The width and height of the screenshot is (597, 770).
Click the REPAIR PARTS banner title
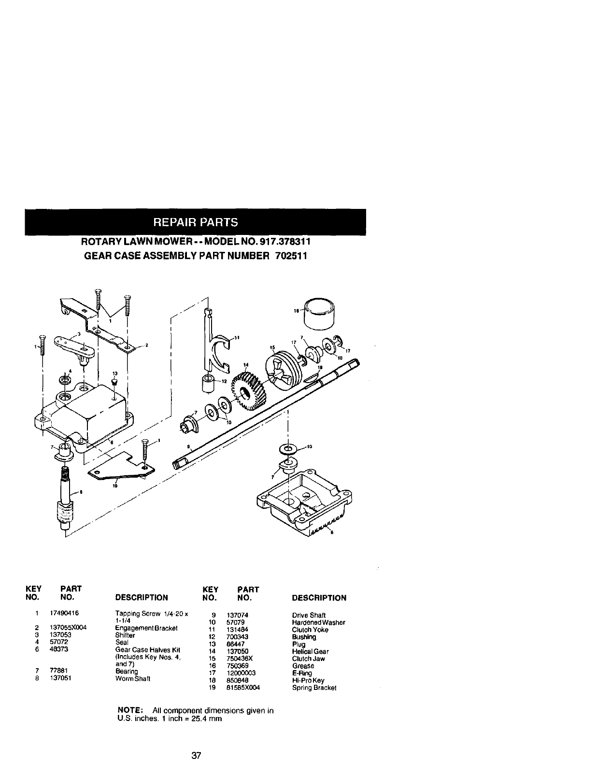[196, 222]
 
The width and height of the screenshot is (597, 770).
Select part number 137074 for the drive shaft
[236, 615]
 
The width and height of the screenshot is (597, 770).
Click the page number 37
[196, 756]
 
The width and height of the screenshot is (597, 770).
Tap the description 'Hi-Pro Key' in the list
[308, 680]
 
